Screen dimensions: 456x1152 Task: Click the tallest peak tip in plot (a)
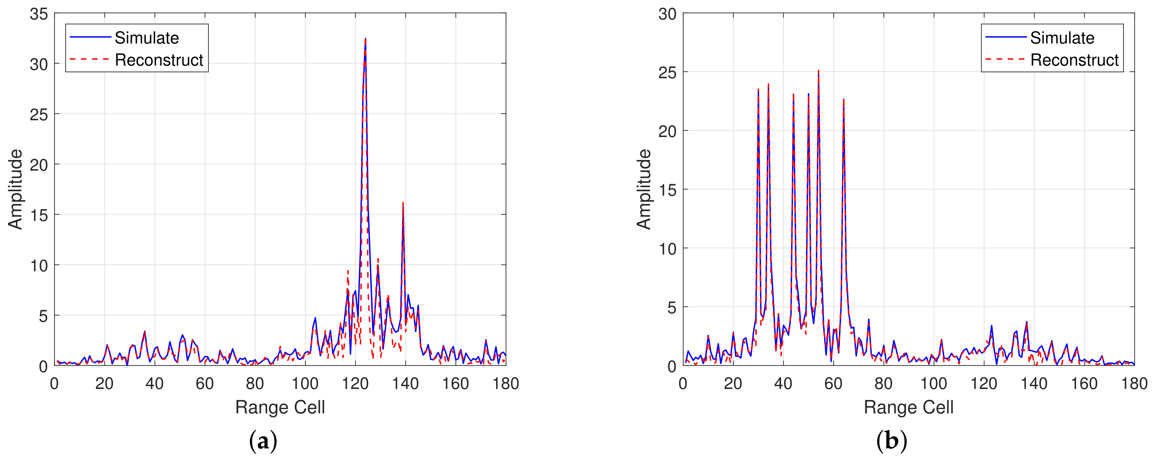tap(365, 39)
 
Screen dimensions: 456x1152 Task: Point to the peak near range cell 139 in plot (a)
tap(403, 203)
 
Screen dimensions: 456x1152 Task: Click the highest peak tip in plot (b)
tap(818, 71)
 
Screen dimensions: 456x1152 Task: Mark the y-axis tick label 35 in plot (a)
tap(39, 14)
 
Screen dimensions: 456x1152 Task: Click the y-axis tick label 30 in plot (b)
tap(667, 14)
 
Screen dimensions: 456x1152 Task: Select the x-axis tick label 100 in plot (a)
tap(305, 383)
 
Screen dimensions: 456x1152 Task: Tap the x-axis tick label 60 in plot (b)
tap(833, 383)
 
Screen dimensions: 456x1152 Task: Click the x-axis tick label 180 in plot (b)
tap(1134, 383)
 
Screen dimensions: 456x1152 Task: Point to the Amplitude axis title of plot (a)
tap(16, 189)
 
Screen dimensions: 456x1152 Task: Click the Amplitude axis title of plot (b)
tap(644, 189)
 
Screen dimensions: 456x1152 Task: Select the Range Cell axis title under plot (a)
tap(280, 407)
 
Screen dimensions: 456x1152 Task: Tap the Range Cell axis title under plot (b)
tap(908, 407)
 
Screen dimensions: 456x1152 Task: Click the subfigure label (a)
tap(263, 441)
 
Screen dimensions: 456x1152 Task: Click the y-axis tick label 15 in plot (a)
tap(39, 215)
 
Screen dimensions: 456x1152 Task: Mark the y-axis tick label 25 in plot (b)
tap(667, 73)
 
